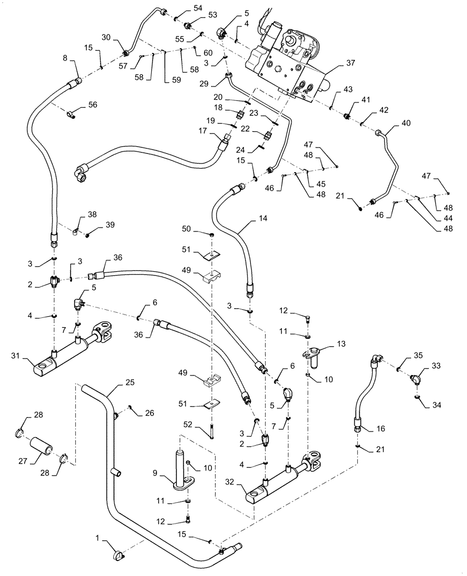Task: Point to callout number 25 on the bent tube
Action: [x=129, y=383]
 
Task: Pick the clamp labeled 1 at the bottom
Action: [x=117, y=555]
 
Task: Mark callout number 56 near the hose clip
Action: [x=93, y=105]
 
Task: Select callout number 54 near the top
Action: [x=182, y=7]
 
